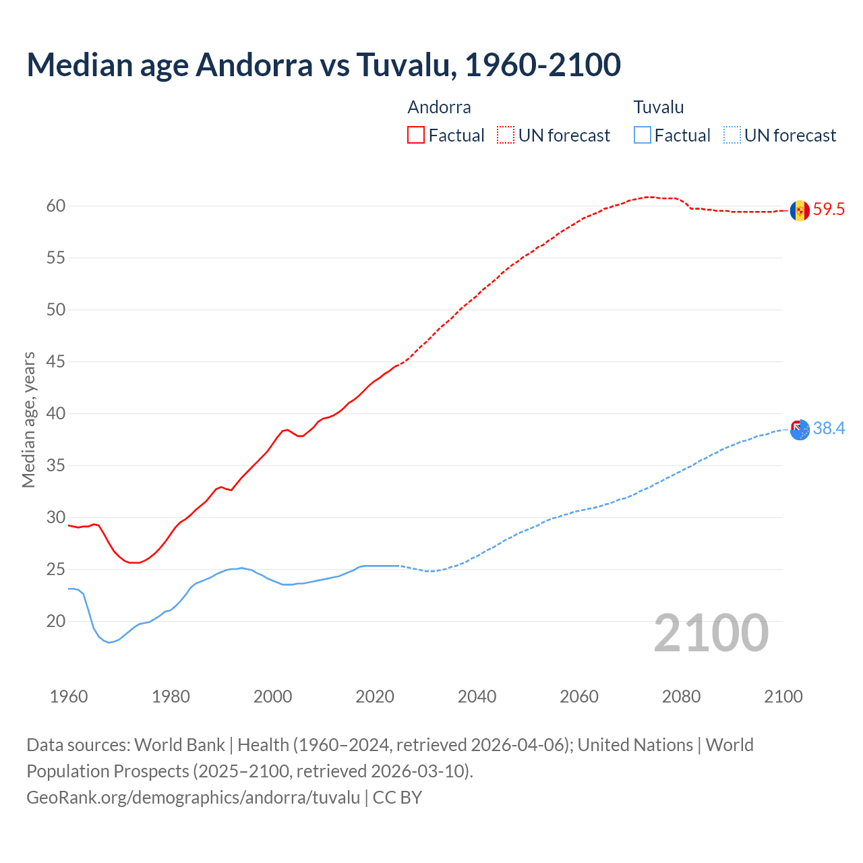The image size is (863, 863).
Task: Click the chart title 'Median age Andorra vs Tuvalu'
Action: [324, 65]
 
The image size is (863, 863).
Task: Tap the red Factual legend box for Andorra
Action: [416, 136]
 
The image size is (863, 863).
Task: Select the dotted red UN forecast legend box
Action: [506, 136]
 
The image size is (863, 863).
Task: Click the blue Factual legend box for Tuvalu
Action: [643, 136]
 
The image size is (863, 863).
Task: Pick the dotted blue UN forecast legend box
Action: [732, 136]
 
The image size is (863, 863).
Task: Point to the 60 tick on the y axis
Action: [56, 206]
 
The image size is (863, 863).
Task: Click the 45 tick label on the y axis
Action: [56, 361]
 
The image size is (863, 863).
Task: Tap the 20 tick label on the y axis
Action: [56, 621]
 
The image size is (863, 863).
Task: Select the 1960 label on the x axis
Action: [69, 696]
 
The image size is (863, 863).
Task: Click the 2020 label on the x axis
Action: [375, 696]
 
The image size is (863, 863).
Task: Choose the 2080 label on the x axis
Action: [681, 696]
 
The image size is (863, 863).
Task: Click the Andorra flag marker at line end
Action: [800, 210]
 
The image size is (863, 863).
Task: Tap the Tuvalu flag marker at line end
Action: [800, 429]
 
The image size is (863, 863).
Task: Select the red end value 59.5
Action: [829, 210]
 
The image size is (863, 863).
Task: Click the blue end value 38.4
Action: [829, 429]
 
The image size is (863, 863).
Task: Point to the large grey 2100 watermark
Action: [711, 632]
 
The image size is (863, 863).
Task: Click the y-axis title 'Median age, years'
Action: [28, 419]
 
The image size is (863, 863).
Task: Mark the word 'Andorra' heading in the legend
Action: [439, 107]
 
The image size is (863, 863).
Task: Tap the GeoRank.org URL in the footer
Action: [193, 798]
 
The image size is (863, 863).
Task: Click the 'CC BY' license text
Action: [397, 798]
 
